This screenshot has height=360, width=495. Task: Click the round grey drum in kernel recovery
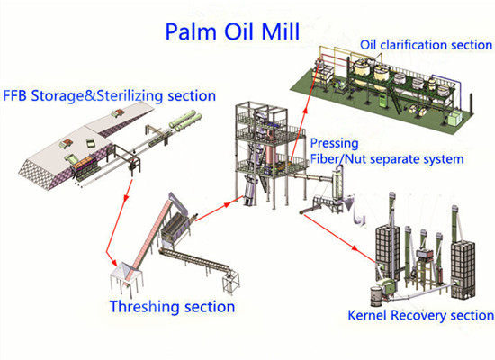click(375, 293)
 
